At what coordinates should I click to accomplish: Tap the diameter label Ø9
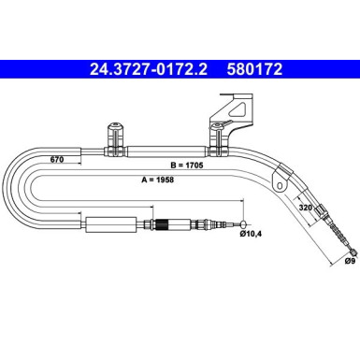tap(349, 266)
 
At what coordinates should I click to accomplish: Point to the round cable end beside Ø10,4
tap(244, 225)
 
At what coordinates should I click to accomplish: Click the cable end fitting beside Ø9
tap(351, 250)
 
